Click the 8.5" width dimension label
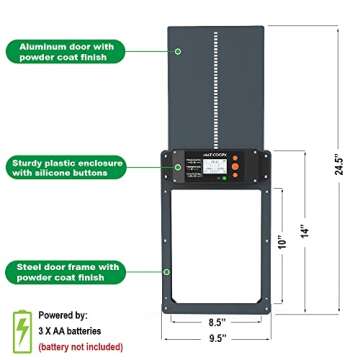click(216, 323)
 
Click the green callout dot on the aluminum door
click(178, 49)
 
